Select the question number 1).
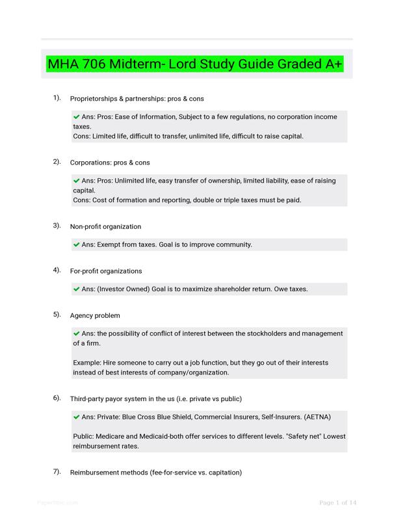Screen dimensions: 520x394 (x=57, y=98)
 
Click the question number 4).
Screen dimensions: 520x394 (x=57, y=270)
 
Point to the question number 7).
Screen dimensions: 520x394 (x=57, y=472)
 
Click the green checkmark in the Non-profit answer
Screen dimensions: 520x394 (x=77, y=245)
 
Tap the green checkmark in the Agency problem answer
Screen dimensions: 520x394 (x=77, y=333)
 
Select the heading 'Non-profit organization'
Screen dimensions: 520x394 (x=105, y=227)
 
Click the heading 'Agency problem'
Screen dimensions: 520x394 (x=95, y=315)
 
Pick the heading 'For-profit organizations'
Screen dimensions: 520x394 (x=106, y=270)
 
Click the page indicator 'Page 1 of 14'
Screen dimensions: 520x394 (x=338, y=502)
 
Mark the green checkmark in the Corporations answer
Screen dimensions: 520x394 (x=77, y=181)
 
